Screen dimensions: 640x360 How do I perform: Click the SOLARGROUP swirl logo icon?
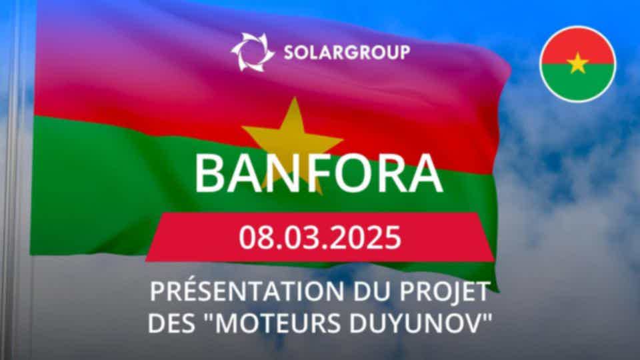(x=252, y=52)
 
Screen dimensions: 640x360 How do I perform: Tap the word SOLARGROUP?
(x=347, y=53)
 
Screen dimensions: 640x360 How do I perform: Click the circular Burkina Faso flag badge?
(x=578, y=64)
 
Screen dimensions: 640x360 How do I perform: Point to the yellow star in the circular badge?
(x=578, y=63)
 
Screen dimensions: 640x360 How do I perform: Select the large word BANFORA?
(x=319, y=173)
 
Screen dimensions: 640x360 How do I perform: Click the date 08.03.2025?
(x=320, y=237)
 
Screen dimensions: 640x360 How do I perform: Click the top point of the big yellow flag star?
(x=294, y=97)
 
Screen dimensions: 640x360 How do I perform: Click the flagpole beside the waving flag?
(x=14, y=179)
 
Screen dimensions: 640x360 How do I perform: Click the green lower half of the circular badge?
(x=578, y=84)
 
